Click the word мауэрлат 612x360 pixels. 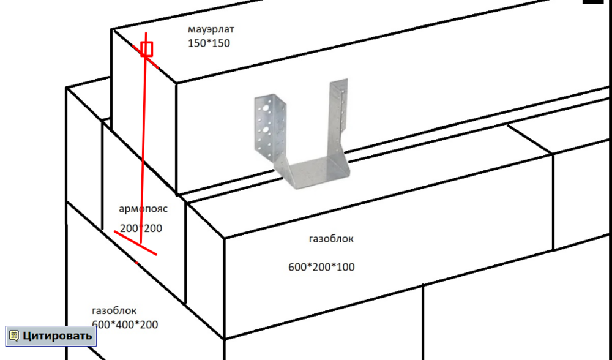pos(211,29)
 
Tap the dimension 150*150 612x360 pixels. pos(209,43)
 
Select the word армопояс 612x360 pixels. pos(143,209)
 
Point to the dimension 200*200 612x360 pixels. pos(141,228)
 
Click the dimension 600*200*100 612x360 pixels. pos(321,267)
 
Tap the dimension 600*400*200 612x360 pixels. pos(125,324)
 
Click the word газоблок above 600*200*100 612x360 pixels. pos(331,239)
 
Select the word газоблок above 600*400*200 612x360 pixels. pos(114,311)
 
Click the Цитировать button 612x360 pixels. pos(51,336)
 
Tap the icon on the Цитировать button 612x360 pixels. pos(14,336)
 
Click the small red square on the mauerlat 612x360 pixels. pos(147,49)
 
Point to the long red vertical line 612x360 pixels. pos(143,138)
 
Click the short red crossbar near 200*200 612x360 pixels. pos(135,243)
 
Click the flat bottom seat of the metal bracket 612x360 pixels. pos(314,172)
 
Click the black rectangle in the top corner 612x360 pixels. pos(593,2)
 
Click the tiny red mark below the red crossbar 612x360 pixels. pos(136,263)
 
